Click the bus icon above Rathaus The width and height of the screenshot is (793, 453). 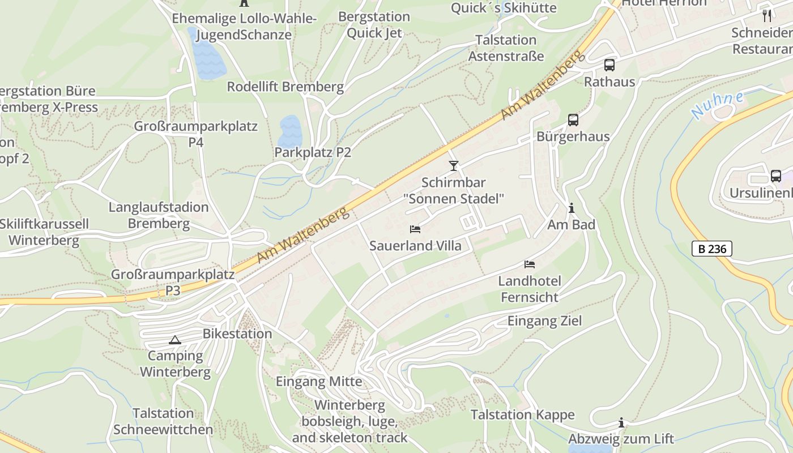(x=609, y=65)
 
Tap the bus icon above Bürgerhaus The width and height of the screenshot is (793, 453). (x=573, y=120)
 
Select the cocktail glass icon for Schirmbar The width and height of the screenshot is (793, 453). (x=453, y=166)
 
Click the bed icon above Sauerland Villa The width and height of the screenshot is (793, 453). (x=415, y=229)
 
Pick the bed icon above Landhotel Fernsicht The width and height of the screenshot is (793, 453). (x=530, y=264)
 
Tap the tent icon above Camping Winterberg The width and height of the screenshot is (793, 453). (x=174, y=340)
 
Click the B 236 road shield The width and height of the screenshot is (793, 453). (x=712, y=249)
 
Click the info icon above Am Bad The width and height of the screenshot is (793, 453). (x=571, y=208)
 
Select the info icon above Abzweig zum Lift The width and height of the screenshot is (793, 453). (x=621, y=422)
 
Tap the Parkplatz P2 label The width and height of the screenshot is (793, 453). (x=313, y=152)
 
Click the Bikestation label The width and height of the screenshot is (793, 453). (x=237, y=334)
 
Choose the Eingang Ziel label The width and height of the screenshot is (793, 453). (x=544, y=321)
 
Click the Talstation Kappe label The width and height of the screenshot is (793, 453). (x=522, y=414)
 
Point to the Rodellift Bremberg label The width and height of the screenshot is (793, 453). (x=285, y=87)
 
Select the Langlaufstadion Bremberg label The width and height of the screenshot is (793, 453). (x=159, y=215)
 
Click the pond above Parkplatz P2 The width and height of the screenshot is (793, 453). (x=290, y=130)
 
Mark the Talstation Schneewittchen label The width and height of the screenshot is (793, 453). (x=163, y=421)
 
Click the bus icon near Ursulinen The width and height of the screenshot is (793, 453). (x=776, y=176)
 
